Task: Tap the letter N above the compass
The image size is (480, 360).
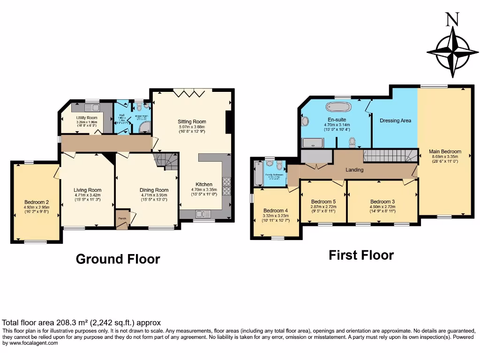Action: click(x=452, y=19)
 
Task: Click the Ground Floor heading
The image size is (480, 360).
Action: click(x=118, y=259)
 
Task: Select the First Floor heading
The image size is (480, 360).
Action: click(x=361, y=255)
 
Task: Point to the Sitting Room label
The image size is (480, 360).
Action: click(x=192, y=121)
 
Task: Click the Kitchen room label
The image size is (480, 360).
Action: click(x=204, y=184)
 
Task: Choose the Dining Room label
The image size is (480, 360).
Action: click(x=154, y=190)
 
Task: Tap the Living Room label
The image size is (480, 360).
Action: click(x=88, y=190)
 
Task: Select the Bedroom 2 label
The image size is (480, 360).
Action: click(x=36, y=202)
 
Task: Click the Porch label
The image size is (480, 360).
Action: click(x=121, y=218)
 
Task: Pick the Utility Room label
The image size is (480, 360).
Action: click(x=87, y=118)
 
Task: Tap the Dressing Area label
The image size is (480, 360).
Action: click(x=395, y=120)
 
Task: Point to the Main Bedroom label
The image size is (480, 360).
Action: click(x=445, y=151)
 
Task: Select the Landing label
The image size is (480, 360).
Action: click(x=354, y=170)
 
